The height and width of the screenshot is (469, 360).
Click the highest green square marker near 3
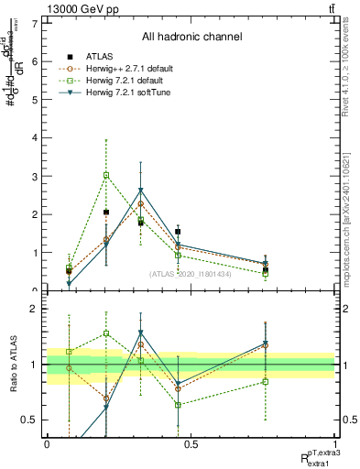(x=106, y=175)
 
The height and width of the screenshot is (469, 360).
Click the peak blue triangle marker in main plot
(x=140, y=191)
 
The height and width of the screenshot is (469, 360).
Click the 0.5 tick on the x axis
(x=191, y=443)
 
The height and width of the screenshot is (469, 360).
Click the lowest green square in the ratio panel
(x=178, y=405)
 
